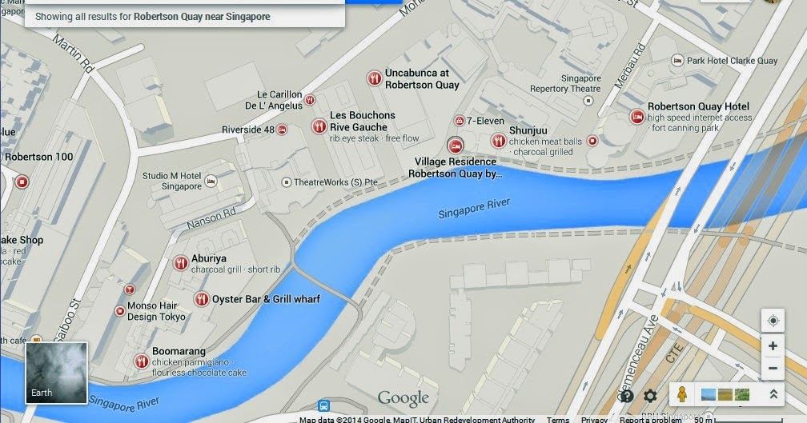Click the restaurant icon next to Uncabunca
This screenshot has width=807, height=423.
click(x=374, y=78)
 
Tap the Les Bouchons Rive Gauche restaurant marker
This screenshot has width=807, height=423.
click(x=319, y=126)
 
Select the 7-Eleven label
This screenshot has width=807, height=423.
click(x=485, y=121)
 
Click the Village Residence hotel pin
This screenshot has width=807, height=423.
click(x=455, y=145)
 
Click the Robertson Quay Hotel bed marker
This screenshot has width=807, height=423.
click(x=637, y=117)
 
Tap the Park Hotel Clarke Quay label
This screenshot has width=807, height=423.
click(x=732, y=61)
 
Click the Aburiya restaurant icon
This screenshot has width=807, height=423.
click(x=181, y=263)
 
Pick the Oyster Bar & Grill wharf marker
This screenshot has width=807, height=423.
click(x=201, y=299)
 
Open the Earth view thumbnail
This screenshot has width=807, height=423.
click(x=56, y=372)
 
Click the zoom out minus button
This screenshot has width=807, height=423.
click(x=773, y=368)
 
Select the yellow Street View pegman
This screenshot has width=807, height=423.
click(x=681, y=394)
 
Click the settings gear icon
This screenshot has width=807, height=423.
click(x=650, y=396)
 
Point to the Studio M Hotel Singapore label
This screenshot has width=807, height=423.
click(x=172, y=181)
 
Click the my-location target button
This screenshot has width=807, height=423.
click(x=773, y=321)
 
